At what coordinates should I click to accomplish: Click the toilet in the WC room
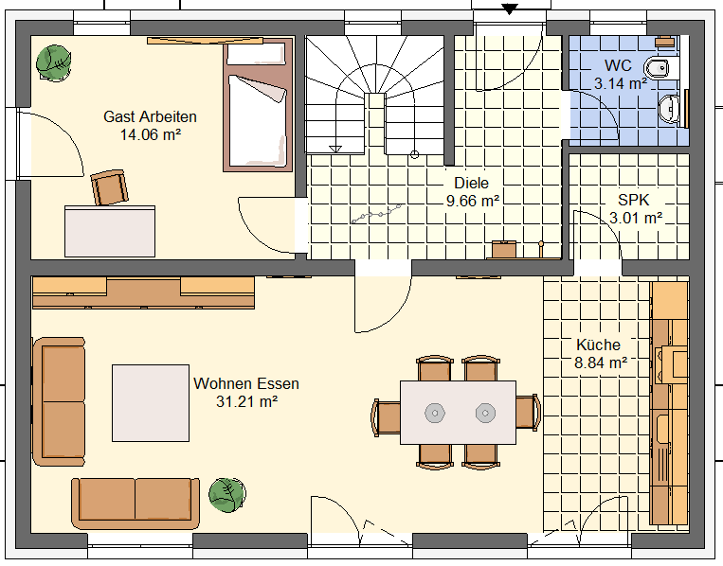point(662,68)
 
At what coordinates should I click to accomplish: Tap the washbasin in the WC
point(669,109)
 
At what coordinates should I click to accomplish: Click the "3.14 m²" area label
point(620,83)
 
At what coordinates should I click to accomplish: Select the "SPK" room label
point(634,200)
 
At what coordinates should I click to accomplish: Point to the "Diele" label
point(471,183)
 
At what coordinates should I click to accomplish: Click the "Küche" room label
point(598,345)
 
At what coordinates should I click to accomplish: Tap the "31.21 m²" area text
point(246,401)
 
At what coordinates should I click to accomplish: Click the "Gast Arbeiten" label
point(150,116)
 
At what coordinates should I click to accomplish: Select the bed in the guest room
point(258,105)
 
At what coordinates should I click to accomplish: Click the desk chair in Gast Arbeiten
point(109,186)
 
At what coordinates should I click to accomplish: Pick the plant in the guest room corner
point(54,63)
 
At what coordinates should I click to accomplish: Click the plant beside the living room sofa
point(226,494)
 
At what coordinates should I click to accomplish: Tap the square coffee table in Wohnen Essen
point(151,403)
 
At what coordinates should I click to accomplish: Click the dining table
point(458,412)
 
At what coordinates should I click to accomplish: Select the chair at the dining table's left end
point(386,416)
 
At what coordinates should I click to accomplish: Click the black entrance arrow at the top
point(509,9)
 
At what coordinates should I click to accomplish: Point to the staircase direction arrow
point(335,149)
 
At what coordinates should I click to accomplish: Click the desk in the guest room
point(110,231)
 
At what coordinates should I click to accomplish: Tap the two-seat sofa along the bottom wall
point(136,504)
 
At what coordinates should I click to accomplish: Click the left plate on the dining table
point(434,413)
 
